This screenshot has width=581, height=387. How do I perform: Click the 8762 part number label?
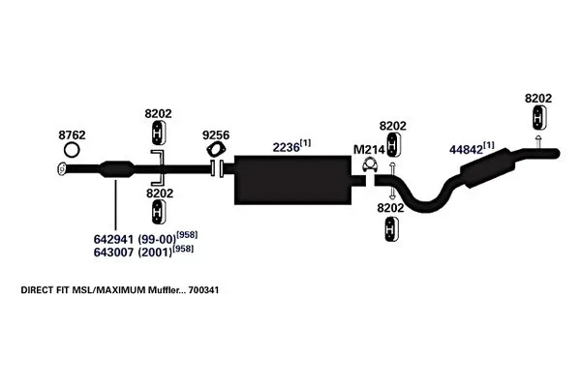click(72, 134)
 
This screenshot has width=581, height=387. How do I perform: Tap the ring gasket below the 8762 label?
click(72, 151)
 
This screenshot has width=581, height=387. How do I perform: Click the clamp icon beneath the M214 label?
click(369, 170)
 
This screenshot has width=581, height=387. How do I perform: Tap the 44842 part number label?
click(469, 150)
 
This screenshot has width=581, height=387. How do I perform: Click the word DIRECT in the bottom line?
click(37, 289)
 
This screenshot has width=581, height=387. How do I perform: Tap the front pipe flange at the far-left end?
click(60, 169)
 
